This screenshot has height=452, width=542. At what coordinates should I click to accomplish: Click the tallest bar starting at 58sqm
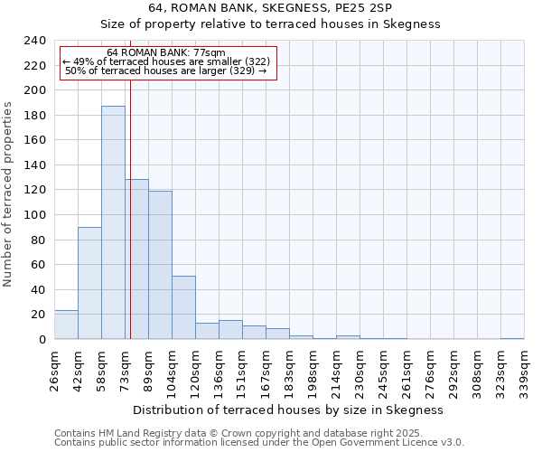(x=113, y=222)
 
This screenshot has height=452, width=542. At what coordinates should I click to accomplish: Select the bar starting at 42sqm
(x=89, y=283)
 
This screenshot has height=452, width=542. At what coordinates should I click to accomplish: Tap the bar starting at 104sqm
(x=183, y=307)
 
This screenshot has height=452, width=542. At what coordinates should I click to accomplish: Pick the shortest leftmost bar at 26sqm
(x=66, y=325)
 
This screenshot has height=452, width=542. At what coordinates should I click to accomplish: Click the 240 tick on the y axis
(x=34, y=41)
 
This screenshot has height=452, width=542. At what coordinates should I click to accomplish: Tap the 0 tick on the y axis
(x=42, y=339)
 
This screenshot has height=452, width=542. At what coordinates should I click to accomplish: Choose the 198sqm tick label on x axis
(x=313, y=368)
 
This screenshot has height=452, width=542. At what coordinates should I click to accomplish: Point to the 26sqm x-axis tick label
(x=54, y=368)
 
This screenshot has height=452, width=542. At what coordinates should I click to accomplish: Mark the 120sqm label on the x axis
(x=195, y=368)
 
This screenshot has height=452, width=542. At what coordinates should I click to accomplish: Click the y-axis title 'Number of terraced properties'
(x=8, y=193)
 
